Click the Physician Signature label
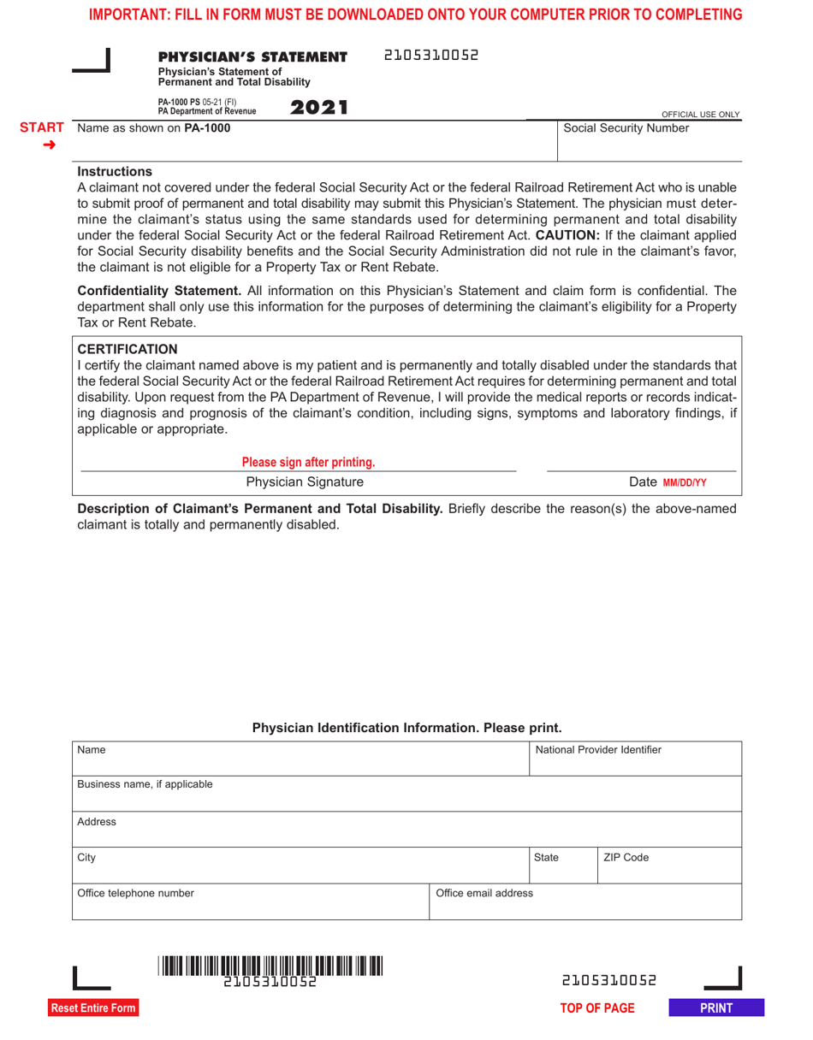[x=298, y=482]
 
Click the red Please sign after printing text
[x=308, y=463]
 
